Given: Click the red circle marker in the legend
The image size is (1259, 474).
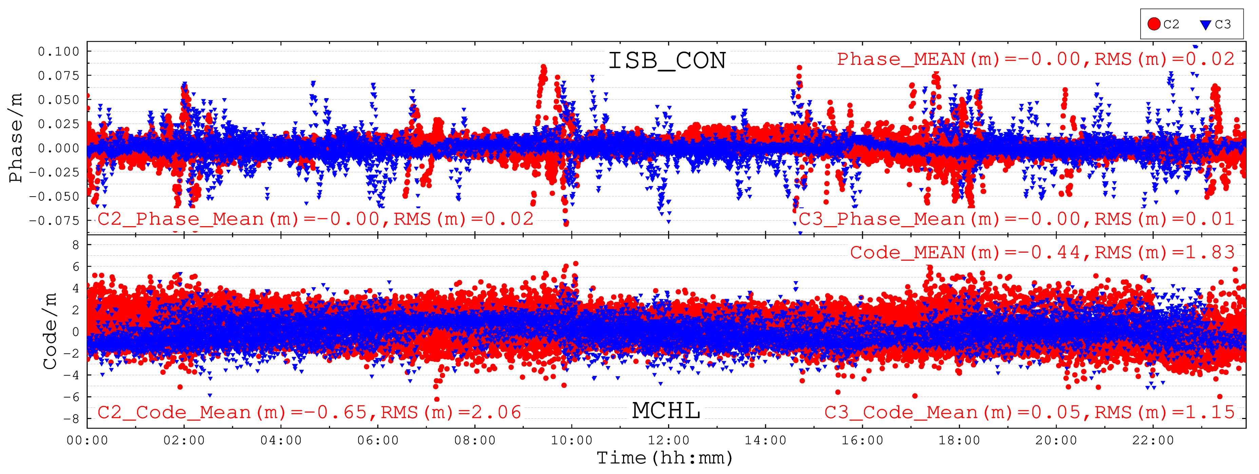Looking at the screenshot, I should [1154, 24].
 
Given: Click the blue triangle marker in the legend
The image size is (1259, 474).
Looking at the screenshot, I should [1206, 24].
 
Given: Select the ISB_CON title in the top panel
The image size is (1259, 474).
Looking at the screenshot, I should [667, 61].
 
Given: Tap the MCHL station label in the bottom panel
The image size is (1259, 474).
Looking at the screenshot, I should [666, 411].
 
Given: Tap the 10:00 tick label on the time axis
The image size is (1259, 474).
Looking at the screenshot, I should [572, 440].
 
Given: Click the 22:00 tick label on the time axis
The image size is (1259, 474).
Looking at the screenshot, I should [1153, 440].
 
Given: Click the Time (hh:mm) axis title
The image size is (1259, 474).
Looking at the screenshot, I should [665, 458].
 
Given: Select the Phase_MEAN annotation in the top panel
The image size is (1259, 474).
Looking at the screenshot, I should [1035, 59].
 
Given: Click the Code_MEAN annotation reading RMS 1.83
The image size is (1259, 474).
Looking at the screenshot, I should [1042, 252].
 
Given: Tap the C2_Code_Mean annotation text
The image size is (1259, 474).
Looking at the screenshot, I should [309, 412].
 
